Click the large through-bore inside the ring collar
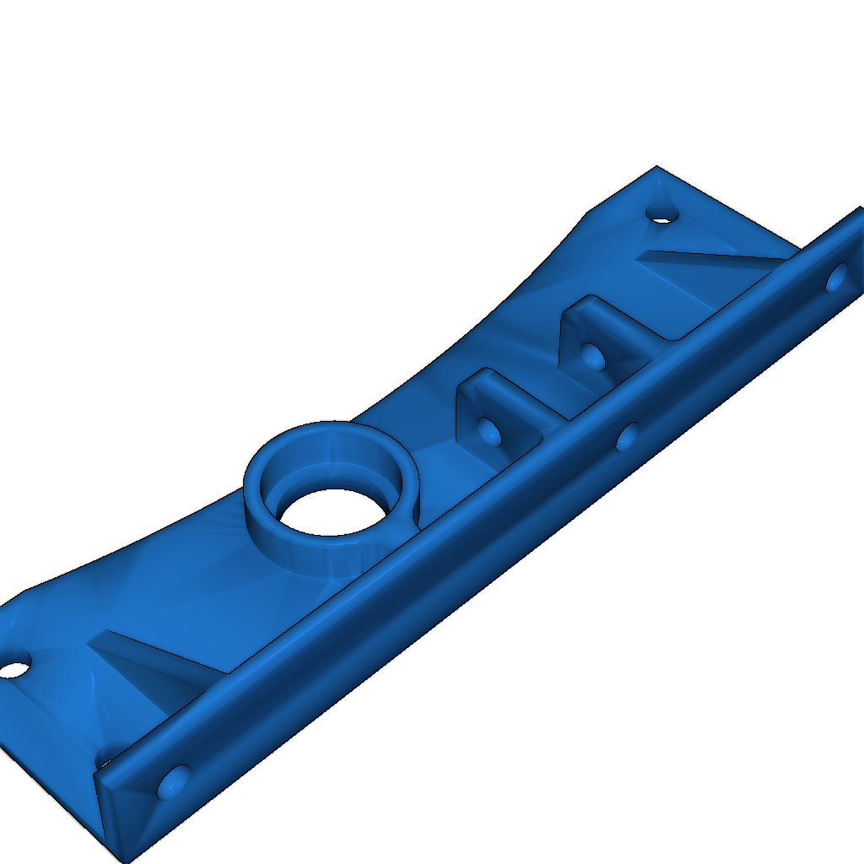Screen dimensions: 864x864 332,511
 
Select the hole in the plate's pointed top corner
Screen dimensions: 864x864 662,214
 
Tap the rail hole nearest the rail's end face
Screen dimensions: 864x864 174,782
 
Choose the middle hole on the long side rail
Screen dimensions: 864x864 627,437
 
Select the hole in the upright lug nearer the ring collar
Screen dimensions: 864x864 488,429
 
